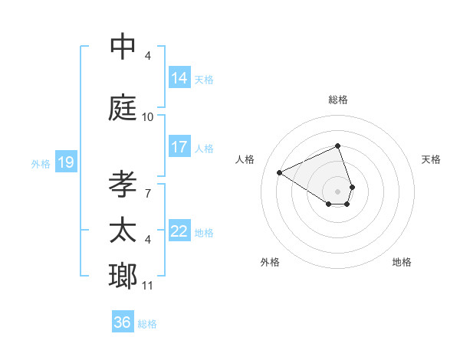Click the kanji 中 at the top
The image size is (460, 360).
[123, 47]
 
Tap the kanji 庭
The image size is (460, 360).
[123, 108]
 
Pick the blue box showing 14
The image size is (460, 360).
[179, 78]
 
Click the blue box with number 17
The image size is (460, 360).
[179, 147]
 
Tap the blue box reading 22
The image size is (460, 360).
[179, 231]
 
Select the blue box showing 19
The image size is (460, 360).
[66, 162]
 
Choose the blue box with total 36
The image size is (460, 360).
[123, 322]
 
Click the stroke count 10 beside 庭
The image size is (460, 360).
[148, 117]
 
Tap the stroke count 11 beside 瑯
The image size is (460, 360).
[148, 286]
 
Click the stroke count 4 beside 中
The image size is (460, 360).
[148, 56]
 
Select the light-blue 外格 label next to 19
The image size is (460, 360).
[41, 163]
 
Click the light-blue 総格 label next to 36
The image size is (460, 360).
[147, 323]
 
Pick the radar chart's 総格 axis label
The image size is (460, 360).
[338, 100]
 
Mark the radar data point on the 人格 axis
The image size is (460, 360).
[280, 172]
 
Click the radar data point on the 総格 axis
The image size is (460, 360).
[338, 146]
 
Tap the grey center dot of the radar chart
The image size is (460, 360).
[338, 191]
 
